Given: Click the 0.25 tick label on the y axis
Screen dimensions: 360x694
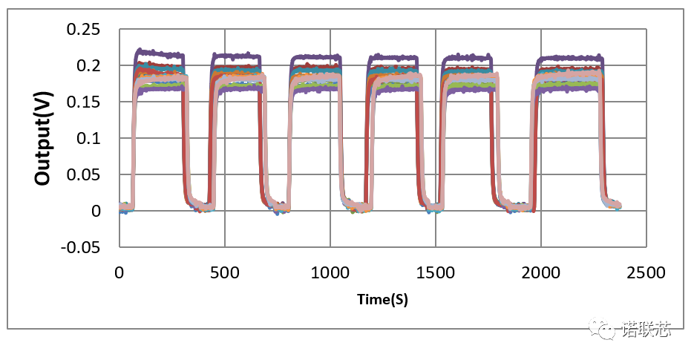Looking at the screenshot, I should [82, 30].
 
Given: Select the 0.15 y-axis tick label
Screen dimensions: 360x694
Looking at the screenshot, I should [82, 102].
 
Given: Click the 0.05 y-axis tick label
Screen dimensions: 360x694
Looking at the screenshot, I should [82, 175].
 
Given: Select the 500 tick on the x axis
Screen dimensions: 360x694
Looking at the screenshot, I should [225, 272].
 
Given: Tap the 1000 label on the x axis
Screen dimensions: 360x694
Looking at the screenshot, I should [330, 272].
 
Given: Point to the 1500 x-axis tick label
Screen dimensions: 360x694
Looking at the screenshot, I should [436, 272].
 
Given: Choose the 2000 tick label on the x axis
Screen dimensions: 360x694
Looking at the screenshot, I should [541, 272].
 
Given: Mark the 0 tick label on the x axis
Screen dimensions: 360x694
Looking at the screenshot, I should [120, 272].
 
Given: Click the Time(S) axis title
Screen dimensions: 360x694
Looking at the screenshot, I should [382, 299].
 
